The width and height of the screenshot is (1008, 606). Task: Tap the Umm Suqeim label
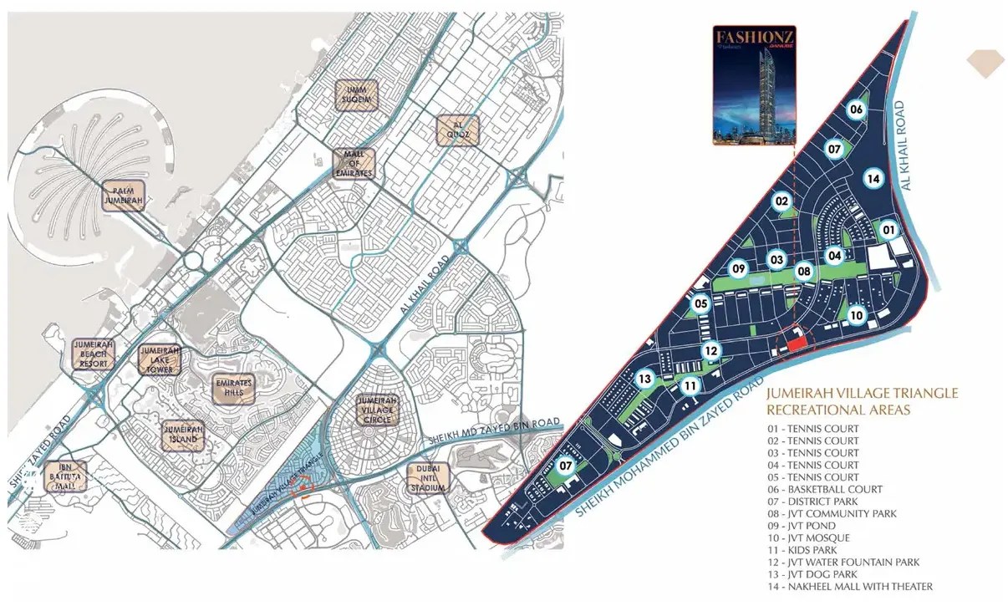click(x=357, y=96)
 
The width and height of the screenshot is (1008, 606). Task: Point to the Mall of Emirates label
click(x=354, y=164)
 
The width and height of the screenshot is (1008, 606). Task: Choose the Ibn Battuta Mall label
click(x=66, y=476)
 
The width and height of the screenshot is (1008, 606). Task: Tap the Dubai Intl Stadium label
click(x=428, y=477)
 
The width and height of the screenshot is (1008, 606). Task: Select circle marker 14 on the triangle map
click(x=873, y=178)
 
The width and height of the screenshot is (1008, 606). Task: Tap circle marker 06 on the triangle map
click(x=856, y=109)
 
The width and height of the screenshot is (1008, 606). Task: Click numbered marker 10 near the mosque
click(x=856, y=315)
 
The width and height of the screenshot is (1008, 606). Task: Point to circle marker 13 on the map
click(x=644, y=379)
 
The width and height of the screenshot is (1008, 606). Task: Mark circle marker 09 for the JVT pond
click(x=738, y=269)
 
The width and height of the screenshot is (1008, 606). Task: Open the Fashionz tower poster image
click(x=755, y=85)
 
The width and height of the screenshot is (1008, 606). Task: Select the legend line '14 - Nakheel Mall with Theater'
click(x=849, y=587)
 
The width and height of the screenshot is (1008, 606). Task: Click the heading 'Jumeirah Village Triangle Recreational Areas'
click(x=861, y=401)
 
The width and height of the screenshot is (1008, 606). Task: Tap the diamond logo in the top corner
click(x=984, y=64)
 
